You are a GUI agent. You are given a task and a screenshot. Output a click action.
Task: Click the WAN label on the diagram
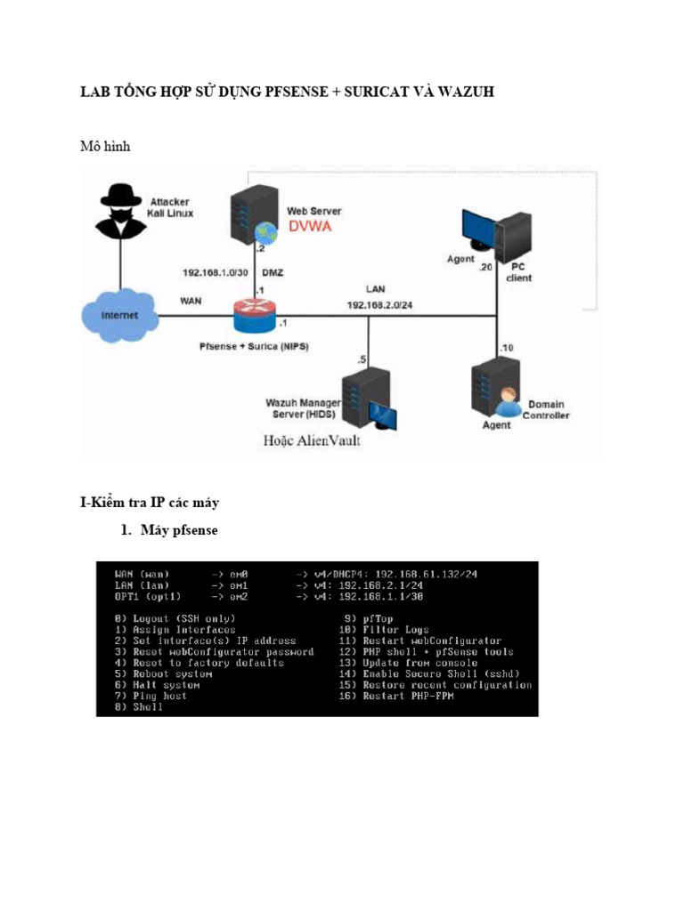[x=191, y=301]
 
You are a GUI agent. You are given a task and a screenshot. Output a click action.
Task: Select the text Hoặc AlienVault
[x=312, y=441]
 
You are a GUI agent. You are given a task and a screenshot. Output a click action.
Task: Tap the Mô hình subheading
[x=105, y=146]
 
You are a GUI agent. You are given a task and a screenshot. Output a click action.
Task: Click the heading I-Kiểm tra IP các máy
[x=150, y=503]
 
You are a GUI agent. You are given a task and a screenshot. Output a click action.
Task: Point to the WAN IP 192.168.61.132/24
[x=425, y=575]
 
